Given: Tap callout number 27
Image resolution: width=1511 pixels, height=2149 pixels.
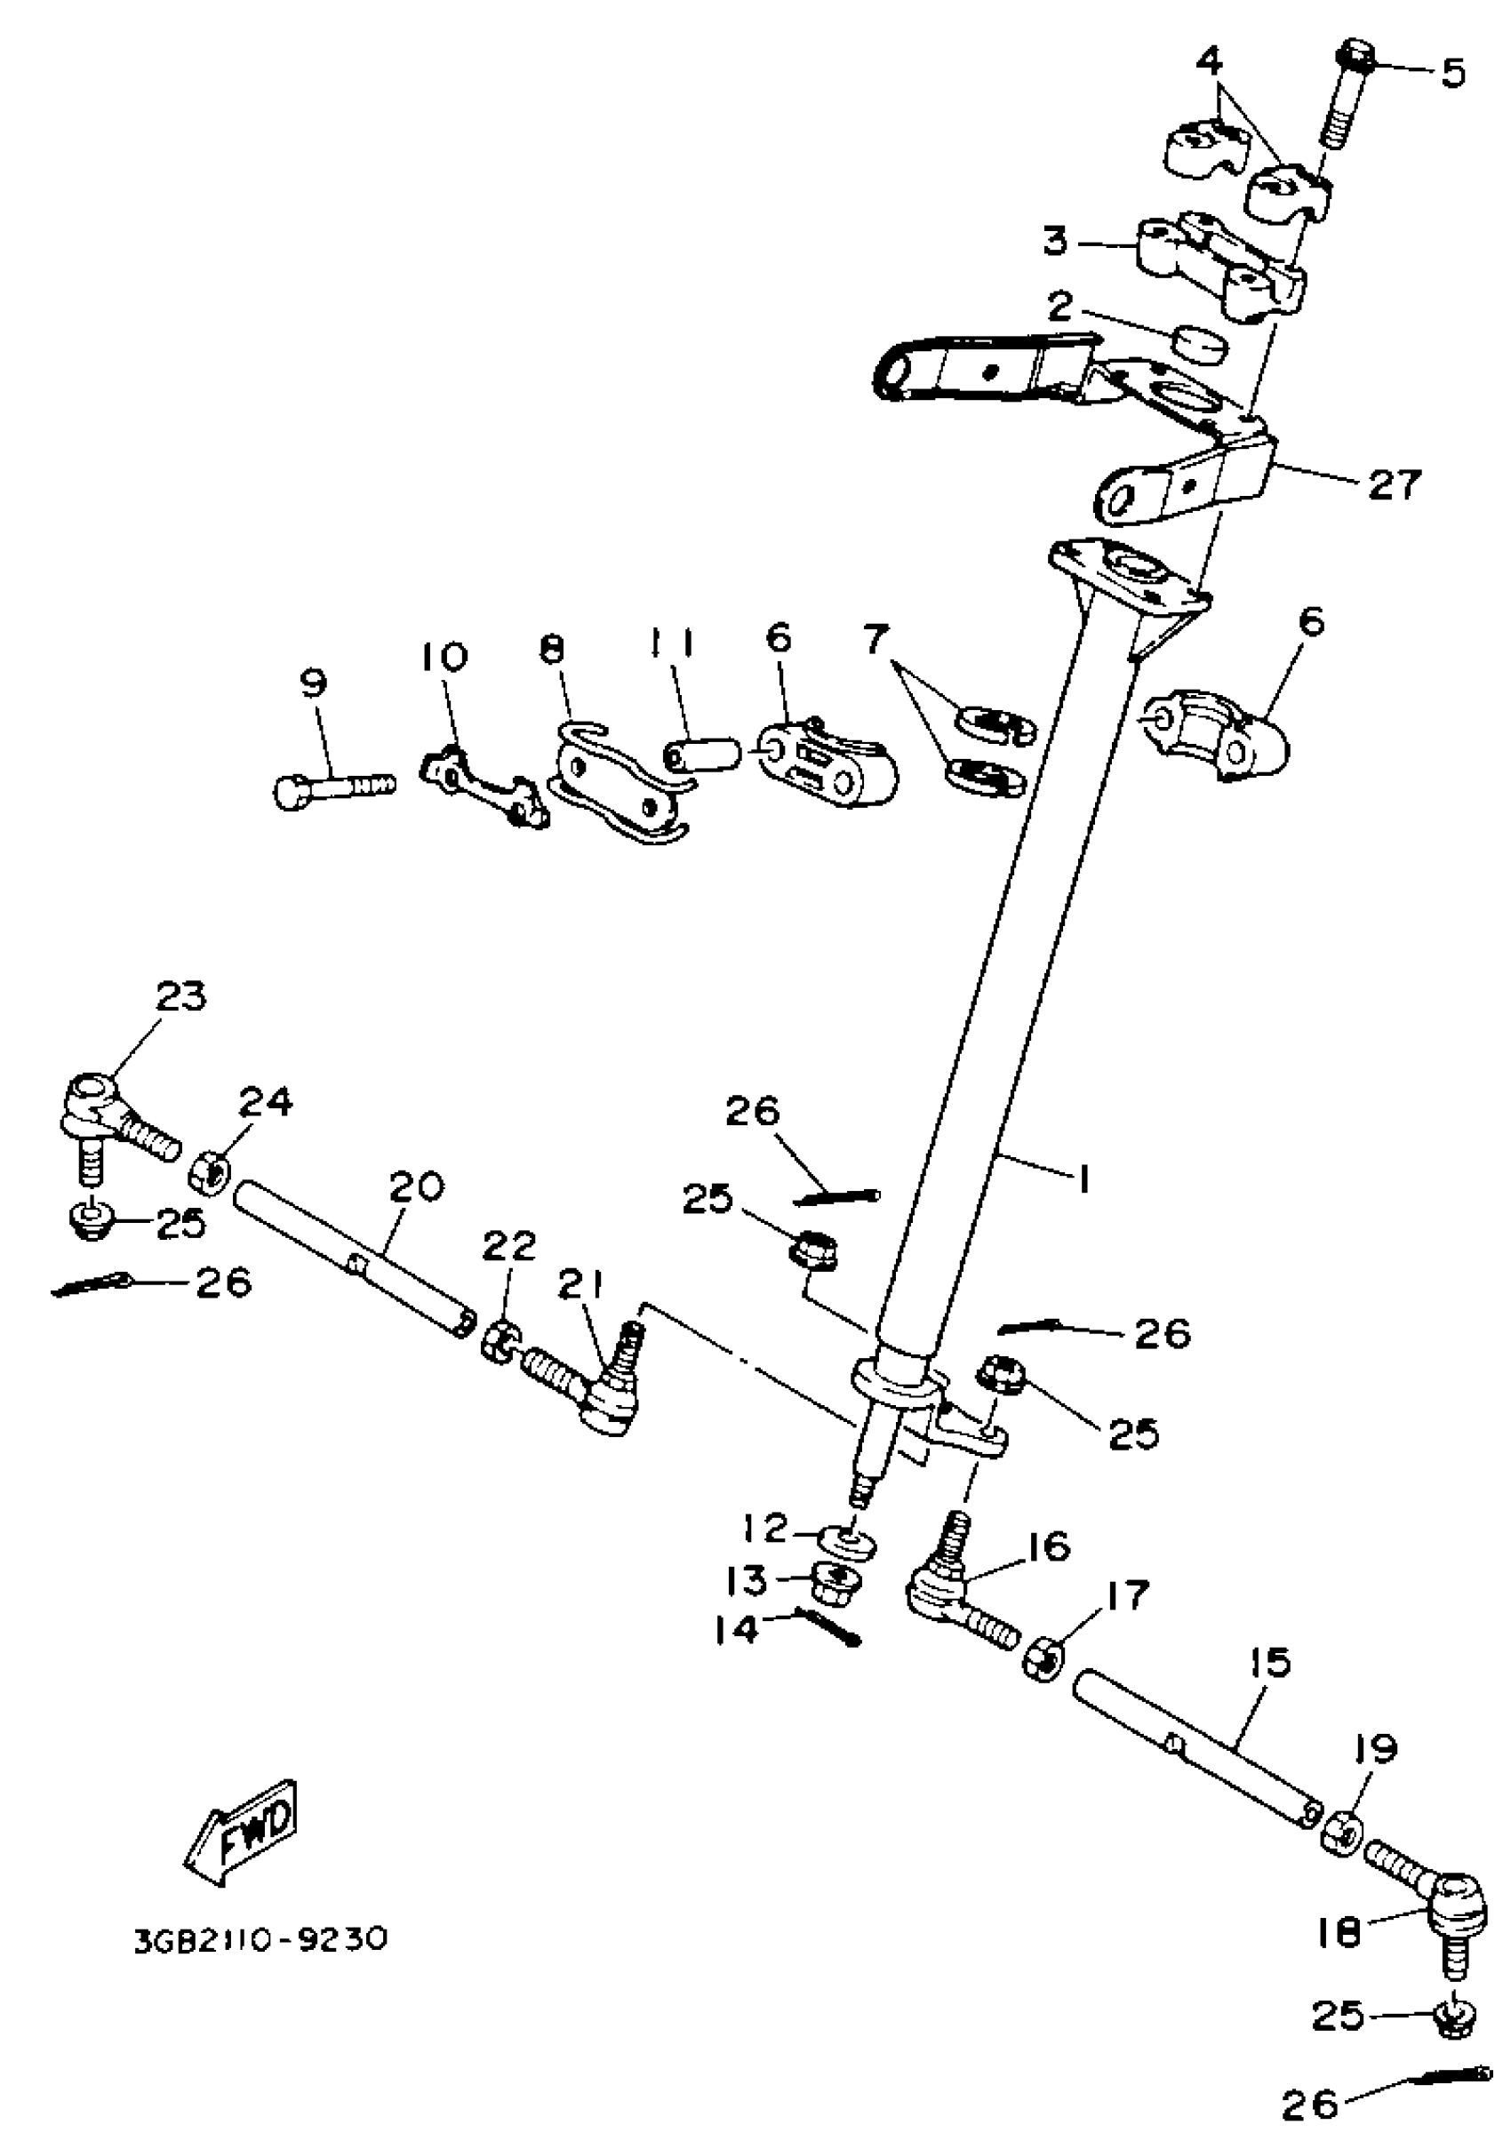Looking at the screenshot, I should click(x=1394, y=486).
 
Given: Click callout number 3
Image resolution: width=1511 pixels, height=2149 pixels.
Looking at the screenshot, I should click(x=1055, y=242).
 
